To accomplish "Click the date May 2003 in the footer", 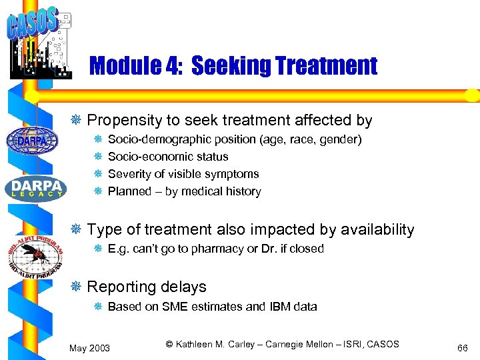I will click(90, 348).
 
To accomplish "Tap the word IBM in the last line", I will click(280, 307).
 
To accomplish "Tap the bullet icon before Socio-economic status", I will click(97, 157).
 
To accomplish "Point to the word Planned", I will click(129, 191).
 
